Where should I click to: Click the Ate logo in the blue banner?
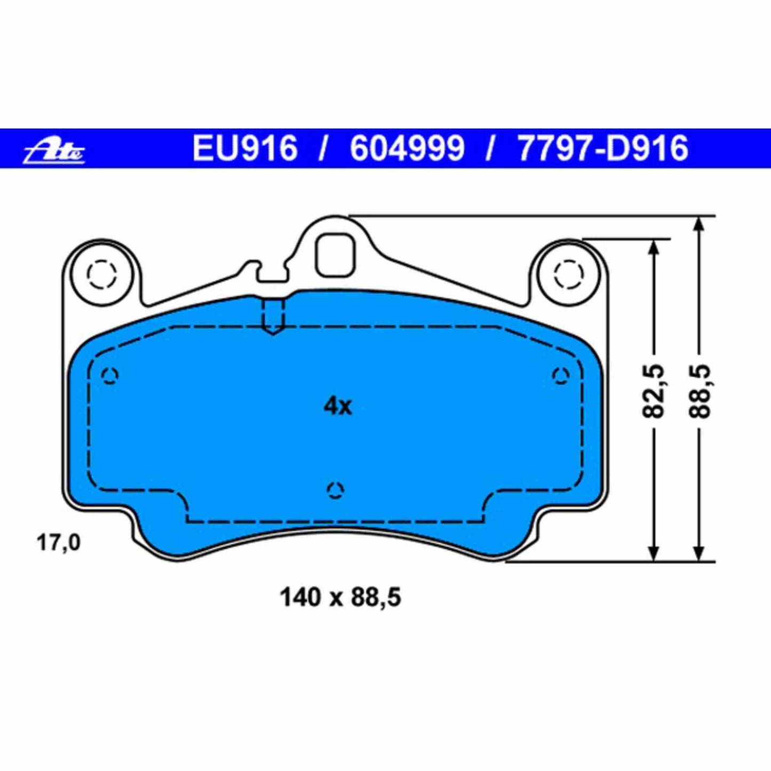pos(54,150)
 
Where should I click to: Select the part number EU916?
pos(244,148)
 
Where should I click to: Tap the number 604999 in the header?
pos(407,148)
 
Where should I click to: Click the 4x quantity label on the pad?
pos(337,407)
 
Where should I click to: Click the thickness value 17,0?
pos(58,543)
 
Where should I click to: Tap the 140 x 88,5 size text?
pos(340,597)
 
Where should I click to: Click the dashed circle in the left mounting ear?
pos(102,275)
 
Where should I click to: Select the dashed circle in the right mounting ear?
pos(569,275)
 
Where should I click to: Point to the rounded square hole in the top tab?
pos(335,255)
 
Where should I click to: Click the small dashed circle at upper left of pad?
pos(110,376)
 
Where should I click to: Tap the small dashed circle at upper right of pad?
pos(561,376)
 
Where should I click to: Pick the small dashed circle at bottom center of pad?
pos(335,490)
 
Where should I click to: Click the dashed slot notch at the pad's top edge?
pos(274,316)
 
